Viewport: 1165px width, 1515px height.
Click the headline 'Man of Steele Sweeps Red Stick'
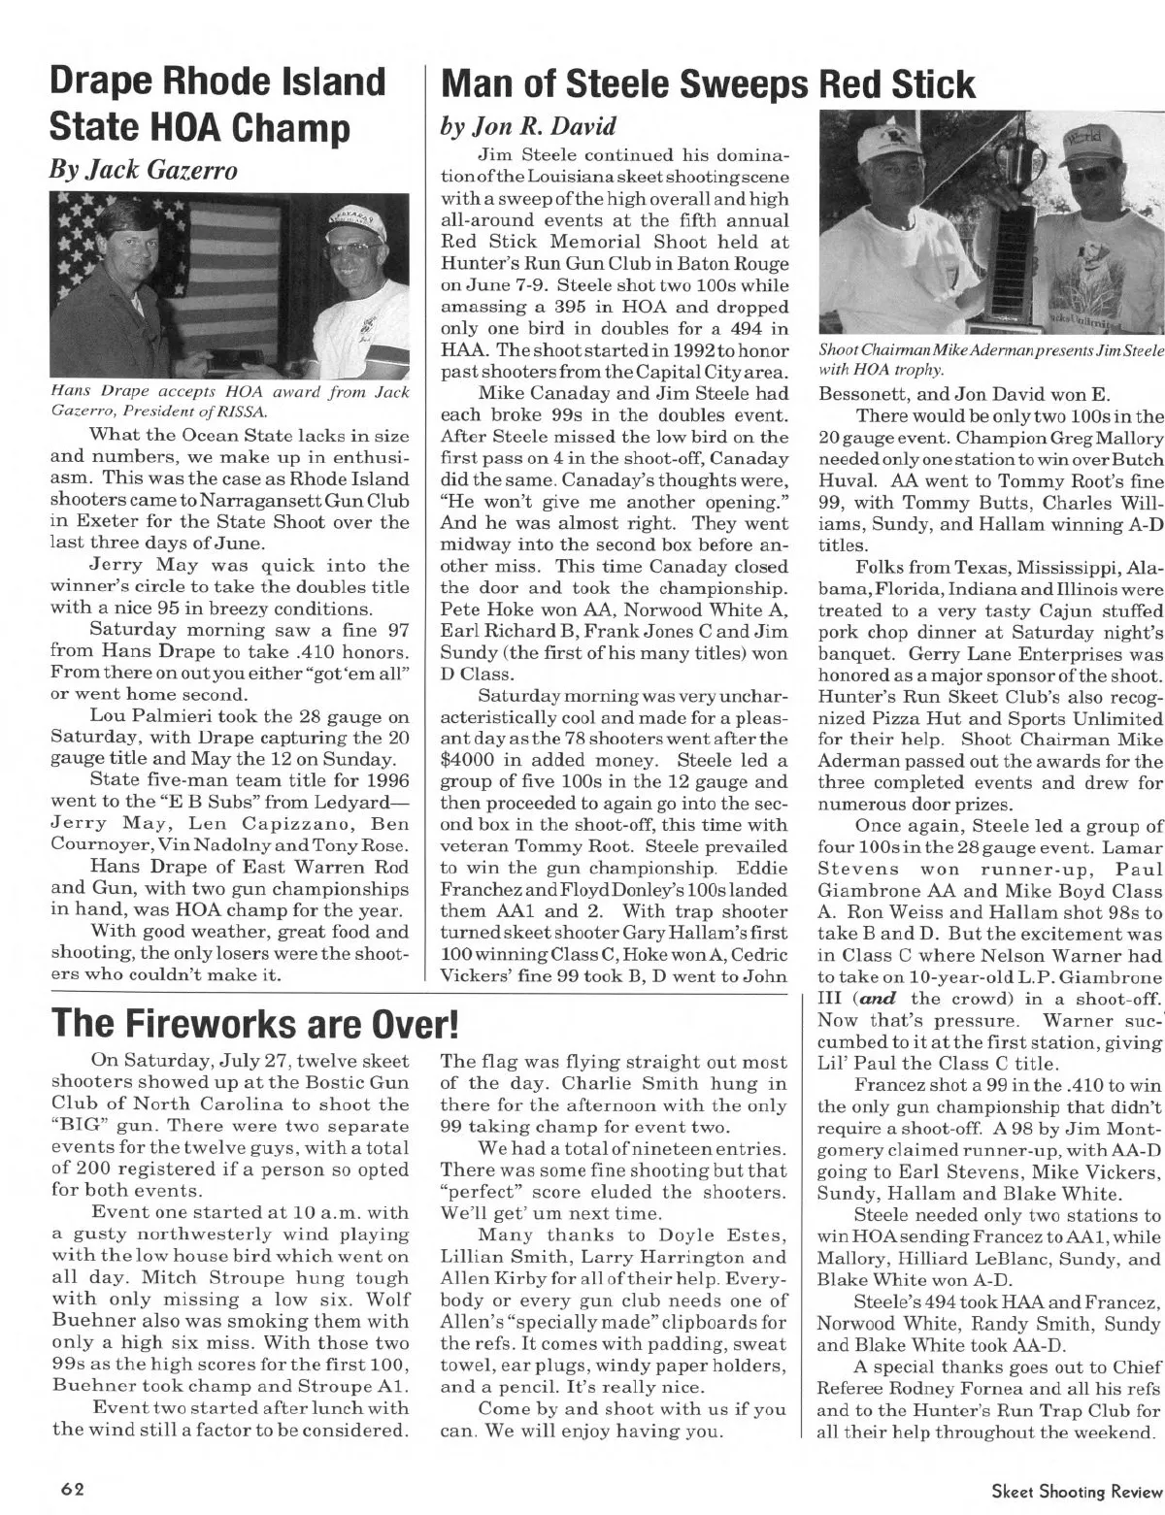[708, 85]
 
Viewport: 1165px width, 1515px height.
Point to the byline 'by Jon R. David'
[529, 127]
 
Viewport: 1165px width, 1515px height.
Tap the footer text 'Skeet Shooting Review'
[1074, 1489]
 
